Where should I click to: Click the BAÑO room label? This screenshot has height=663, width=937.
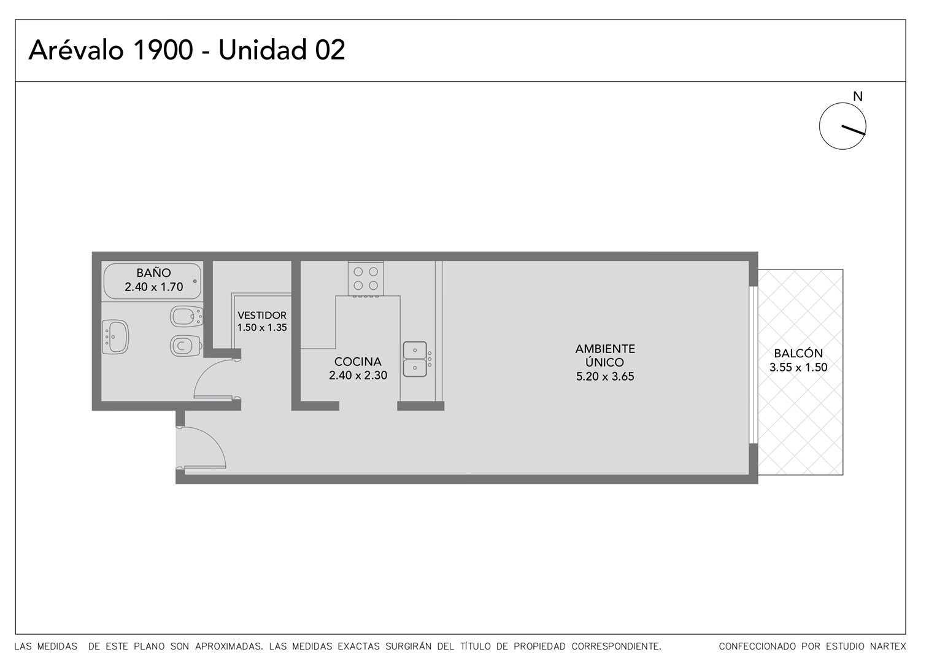[x=153, y=273]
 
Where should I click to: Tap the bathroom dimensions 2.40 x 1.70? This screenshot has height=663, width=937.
[x=153, y=287]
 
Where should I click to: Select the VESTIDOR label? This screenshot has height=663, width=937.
[x=262, y=315]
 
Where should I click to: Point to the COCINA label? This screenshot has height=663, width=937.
[x=358, y=362]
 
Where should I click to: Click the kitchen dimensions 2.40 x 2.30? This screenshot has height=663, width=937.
[x=358, y=376]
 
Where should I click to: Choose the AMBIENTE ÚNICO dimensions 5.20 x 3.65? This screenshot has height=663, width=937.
[x=605, y=376]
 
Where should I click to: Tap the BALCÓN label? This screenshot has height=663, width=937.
[x=798, y=353]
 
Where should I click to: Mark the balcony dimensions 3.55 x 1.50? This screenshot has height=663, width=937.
[x=798, y=368]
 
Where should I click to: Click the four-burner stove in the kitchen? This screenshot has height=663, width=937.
[x=366, y=279]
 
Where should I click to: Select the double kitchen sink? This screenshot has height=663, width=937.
[x=415, y=359]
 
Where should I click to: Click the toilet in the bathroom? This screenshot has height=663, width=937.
[x=186, y=346]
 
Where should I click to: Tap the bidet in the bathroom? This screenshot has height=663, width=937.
[x=186, y=316]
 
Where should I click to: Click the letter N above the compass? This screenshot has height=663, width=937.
[x=858, y=97]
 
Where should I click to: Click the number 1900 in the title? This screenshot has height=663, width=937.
[x=163, y=50]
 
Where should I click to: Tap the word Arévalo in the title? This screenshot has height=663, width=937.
[x=76, y=50]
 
